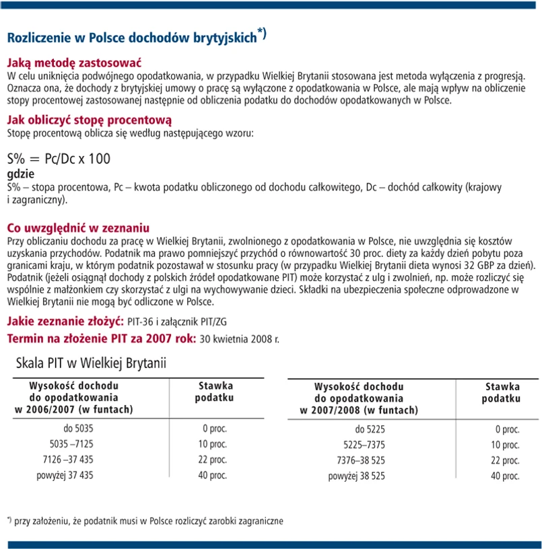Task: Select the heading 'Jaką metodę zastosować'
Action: [x=73, y=63]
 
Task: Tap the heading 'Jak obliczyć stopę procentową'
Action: [x=90, y=120]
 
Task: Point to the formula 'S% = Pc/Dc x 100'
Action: [x=59, y=159]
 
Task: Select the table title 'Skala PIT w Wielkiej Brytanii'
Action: [x=91, y=363]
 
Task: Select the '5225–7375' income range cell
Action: [x=364, y=445]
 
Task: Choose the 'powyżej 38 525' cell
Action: [x=356, y=476]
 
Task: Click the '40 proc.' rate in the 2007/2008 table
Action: [x=505, y=476]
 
